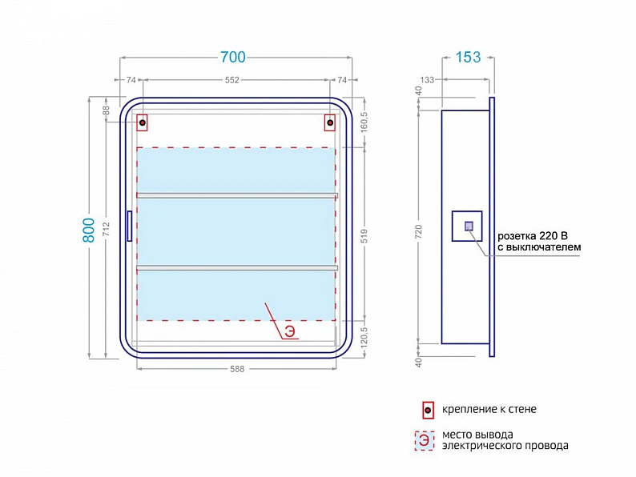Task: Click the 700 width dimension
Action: pos(233,57)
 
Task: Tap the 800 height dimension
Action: pos(88,230)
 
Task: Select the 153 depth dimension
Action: pos(468,57)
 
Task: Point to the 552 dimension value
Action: pos(232,80)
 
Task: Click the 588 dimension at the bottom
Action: pos(237,369)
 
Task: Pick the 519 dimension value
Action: pos(364,236)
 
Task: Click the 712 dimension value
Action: pos(107,230)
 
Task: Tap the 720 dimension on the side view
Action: pos(419,231)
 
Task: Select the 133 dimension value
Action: pos(427,80)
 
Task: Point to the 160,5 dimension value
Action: pos(364,122)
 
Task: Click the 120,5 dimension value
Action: pos(364,338)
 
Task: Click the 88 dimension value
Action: pos(106,110)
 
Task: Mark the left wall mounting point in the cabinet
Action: pos(142,122)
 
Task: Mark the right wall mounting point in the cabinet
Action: pos(330,122)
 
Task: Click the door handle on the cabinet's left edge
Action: pos(130,226)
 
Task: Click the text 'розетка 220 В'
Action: pos(533,236)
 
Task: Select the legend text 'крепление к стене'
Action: pos(489,409)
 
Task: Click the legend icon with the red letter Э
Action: pos(425,440)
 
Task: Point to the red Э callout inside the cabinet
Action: pos(290,331)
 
